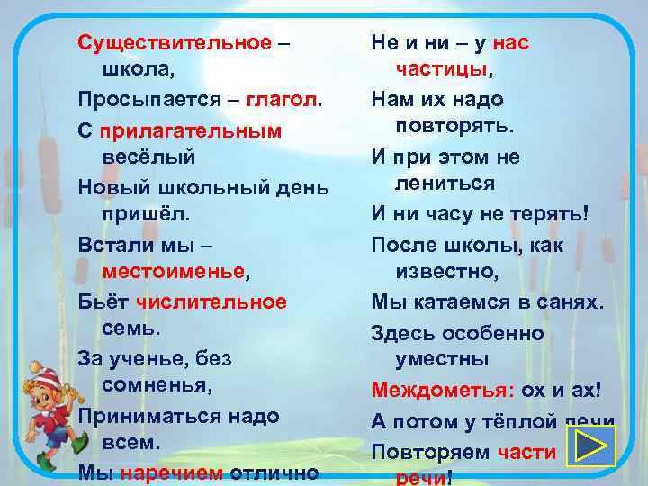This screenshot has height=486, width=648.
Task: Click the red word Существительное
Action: [175, 42]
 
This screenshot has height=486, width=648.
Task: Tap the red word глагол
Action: [283, 100]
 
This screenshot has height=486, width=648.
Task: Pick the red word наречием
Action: [172, 473]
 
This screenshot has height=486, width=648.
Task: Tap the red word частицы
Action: [442, 69]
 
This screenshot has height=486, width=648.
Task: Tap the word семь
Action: [136, 329]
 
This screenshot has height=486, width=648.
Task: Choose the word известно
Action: [446, 271]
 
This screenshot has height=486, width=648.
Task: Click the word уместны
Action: [443, 359]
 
